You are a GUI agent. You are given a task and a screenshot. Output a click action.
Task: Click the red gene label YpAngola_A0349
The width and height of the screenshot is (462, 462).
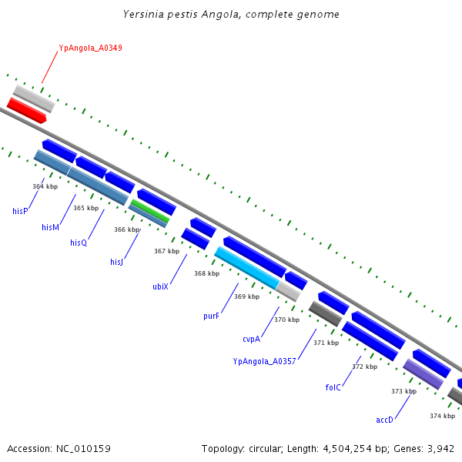[x=90, y=48]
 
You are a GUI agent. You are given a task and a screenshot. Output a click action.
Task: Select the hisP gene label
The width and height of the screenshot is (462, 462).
[x=20, y=210]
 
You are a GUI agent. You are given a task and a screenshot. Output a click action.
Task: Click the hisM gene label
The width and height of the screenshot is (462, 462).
[x=50, y=227]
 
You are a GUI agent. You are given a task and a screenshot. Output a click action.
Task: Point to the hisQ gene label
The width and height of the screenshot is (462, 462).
[x=79, y=243]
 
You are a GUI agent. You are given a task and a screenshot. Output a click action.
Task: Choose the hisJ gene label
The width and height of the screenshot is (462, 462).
[x=116, y=263]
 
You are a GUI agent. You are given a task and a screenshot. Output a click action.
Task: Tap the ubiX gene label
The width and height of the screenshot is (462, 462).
[x=160, y=286]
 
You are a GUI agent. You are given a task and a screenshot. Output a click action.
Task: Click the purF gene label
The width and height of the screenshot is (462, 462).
[x=212, y=316]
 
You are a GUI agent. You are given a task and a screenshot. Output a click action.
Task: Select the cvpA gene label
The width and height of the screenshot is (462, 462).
[x=252, y=339]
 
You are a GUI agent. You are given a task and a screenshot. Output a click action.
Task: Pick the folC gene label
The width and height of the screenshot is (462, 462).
[x=333, y=387]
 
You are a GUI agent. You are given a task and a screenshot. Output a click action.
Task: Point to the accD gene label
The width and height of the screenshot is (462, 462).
[x=384, y=420]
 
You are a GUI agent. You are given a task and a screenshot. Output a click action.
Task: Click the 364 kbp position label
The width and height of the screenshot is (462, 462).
[x=45, y=186]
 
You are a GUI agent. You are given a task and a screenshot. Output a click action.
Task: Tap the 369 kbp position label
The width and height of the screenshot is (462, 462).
[x=246, y=296]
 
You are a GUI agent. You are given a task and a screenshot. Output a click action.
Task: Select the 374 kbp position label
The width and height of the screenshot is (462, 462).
[x=442, y=416]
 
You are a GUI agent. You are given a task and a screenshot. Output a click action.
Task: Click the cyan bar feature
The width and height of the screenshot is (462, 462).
[x=246, y=267]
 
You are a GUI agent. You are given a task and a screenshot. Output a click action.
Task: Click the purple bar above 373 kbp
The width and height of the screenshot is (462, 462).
[x=423, y=373]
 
